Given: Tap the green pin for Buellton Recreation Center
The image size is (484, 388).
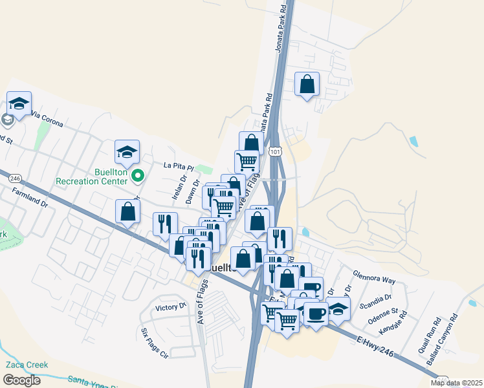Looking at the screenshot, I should pyautogui.click(x=137, y=175).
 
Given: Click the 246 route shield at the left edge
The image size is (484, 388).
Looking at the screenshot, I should pyautogui.click(x=16, y=178).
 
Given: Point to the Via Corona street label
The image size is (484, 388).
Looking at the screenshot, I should pyautogui.click(x=47, y=119).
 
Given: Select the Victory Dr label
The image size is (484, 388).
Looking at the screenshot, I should pyautogui.click(x=171, y=307).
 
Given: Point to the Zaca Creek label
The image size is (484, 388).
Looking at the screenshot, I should pyautogui.click(x=27, y=365).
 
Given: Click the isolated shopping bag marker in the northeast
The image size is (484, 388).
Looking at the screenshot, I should pyautogui.click(x=307, y=84).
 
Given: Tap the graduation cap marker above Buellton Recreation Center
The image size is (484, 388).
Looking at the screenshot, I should pyautogui.click(x=127, y=153).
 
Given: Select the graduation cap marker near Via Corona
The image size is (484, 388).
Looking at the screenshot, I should pyautogui.click(x=19, y=103).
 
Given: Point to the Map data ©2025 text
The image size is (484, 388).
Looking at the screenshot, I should pyautogui.click(x=456, y=383).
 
